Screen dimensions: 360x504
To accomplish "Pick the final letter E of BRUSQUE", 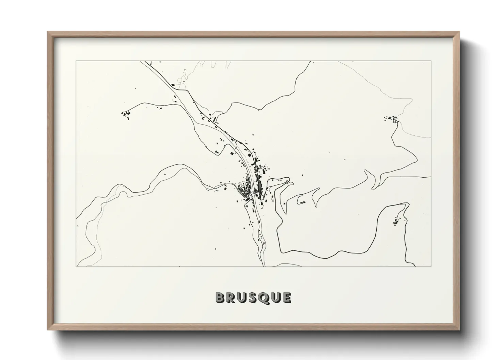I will click(287, 297).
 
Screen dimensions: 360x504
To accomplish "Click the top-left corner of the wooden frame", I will click(48, 32).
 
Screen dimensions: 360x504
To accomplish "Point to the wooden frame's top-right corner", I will click(459, 32).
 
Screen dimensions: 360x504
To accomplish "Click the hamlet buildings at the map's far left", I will click(125, 115).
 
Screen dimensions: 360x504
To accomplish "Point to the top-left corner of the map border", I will click(76, 61).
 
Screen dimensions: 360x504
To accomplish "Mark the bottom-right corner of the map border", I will click(431, 266).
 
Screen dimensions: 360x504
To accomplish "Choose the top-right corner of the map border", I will click(431, 61).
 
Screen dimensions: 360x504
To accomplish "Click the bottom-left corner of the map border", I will click(76, 266).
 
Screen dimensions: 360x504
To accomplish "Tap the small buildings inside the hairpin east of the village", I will click(302, 203).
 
